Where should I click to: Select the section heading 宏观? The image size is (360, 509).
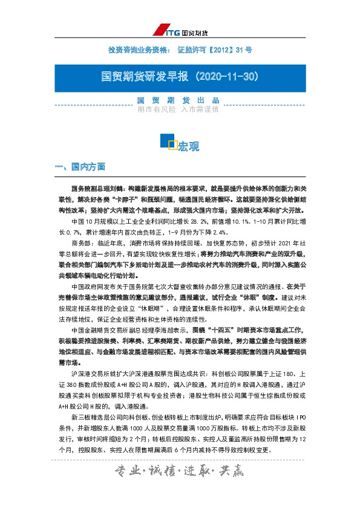[x=189, y=147]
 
